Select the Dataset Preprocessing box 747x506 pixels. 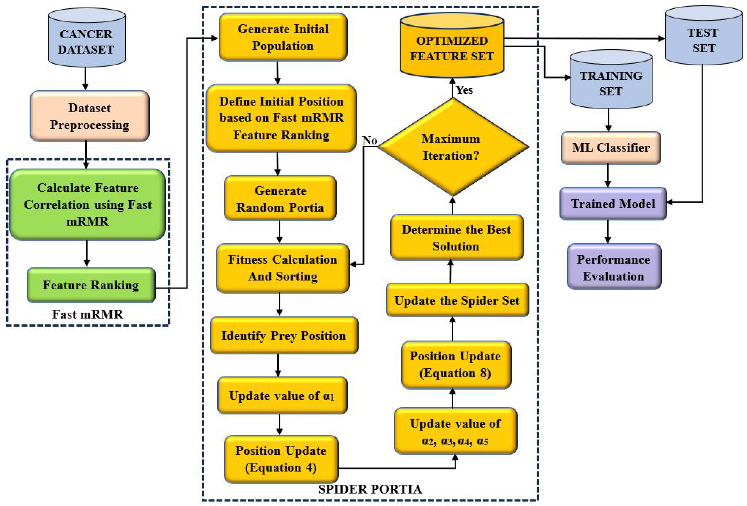click(89, 116)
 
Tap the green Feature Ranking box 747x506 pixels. click(91, 285)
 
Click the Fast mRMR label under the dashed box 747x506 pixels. click(88, 314)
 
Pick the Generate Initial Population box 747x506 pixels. click(283, 37)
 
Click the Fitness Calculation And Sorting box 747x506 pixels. click(282, 268)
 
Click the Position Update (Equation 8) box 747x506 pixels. click(455, 365)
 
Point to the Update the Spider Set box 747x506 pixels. click(457, 301)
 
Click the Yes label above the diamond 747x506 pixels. click(465, 90)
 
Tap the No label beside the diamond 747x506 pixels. click(370, 140)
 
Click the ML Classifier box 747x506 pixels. click(611, 148)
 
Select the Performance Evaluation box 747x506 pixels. click(614, 267)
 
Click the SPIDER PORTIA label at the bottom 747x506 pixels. click(370, 489)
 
